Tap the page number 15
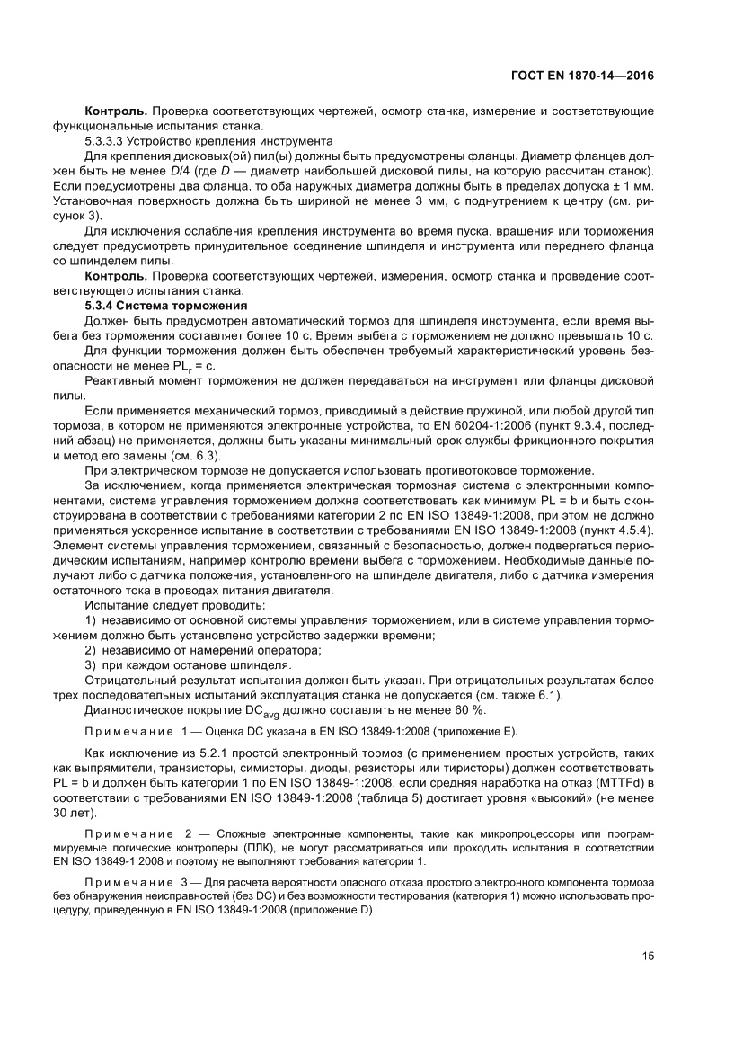648,955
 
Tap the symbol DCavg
279,711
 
